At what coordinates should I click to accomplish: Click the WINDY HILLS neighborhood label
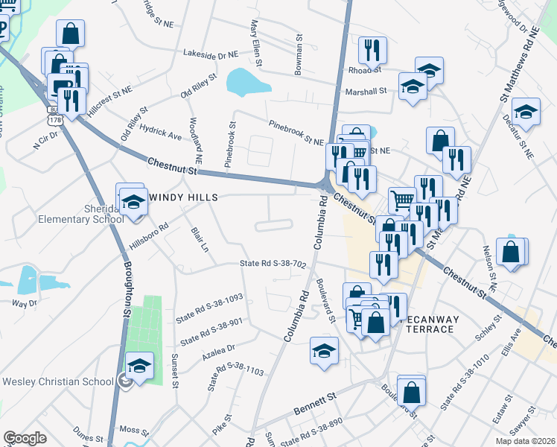186,197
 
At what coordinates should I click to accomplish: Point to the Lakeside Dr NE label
211,54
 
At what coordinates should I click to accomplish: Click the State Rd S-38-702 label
273,264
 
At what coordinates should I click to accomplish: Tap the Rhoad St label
365,70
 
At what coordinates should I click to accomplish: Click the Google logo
25,438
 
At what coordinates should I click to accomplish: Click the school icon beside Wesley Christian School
139,365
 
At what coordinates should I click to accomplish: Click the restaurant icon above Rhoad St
372,49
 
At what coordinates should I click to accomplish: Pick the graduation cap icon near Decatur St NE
526,111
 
